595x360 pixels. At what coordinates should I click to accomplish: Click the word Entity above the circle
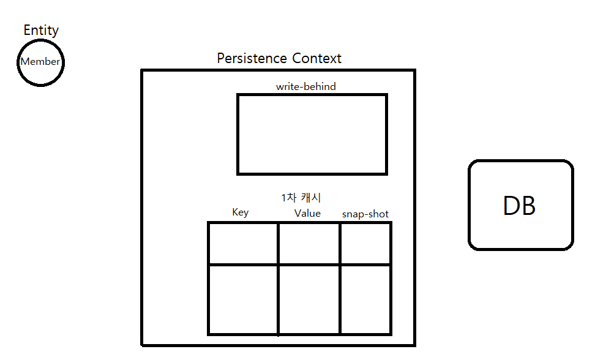pos(41,30)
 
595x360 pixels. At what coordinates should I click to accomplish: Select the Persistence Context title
pos(279,59)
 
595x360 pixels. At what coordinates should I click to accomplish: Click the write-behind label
pos(306,87)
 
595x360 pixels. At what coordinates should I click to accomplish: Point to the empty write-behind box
pos(312,134)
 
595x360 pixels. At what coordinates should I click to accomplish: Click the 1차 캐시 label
pos(301,198)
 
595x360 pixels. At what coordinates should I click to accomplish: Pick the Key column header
pos(241,212)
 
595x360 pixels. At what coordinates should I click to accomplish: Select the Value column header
pos(307,214)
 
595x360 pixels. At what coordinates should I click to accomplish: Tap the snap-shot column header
pos(365,214)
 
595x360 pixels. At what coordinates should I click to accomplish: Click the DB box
pos(521,205)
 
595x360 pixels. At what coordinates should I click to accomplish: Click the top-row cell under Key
pos(244,244)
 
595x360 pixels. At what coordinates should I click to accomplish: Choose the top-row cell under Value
pos(309,244)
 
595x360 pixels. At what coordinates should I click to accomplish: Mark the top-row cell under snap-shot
pos(365,244)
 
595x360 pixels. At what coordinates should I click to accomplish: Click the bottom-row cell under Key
pos(244,299)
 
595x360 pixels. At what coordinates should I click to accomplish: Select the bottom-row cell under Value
pos(309,299)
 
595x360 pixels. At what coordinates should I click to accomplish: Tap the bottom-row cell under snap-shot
pos(365,299)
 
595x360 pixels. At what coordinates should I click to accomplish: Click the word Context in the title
pos(316,59)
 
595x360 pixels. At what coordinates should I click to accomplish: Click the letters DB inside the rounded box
pos(519,207)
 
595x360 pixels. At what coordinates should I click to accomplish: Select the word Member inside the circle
pos(40,62)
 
